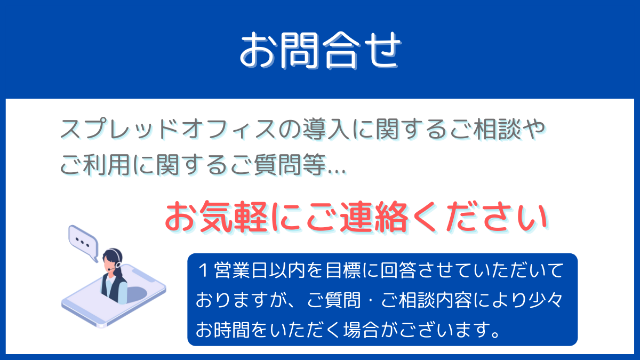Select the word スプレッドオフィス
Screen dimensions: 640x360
168,129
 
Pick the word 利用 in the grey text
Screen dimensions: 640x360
107,165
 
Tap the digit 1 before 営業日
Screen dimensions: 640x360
204,270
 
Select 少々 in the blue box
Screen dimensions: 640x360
546,300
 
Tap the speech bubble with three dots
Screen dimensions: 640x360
83,243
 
